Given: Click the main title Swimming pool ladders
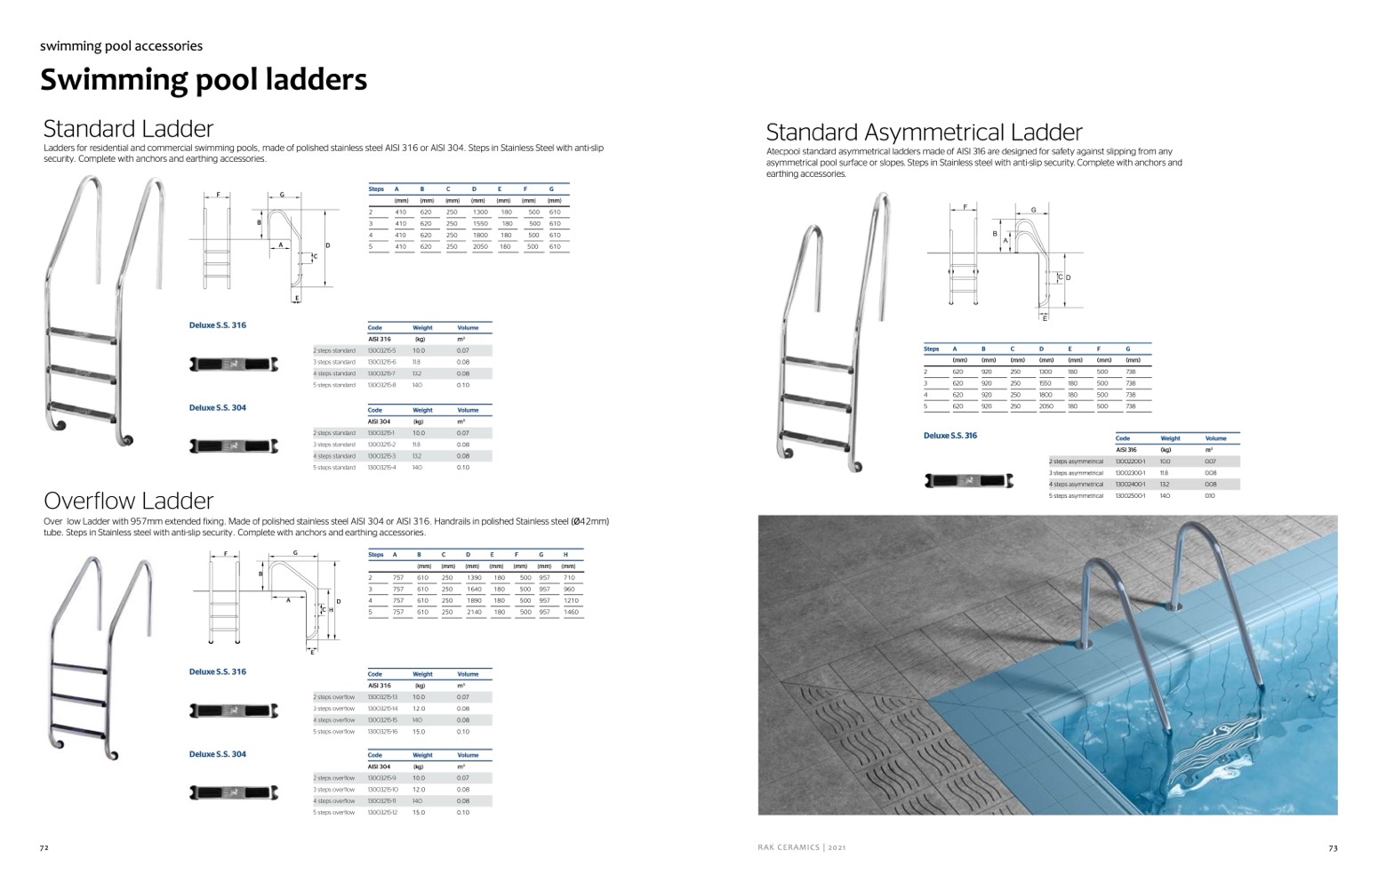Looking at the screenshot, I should point(204,80).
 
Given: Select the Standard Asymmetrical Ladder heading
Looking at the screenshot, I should point(924,132).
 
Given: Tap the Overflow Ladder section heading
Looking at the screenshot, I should point(128,501).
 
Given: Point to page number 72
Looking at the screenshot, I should point(44,847).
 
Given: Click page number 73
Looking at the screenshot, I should point(1333,847).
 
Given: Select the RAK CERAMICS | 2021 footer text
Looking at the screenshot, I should point(795,847).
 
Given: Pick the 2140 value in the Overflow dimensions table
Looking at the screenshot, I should point(474,612).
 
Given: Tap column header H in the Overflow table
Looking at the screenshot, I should point(565,554).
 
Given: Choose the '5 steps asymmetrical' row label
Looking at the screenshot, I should point(1076,495).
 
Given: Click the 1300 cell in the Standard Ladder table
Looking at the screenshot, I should point(480,213).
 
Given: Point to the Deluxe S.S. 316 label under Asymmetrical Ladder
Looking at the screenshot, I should point(950,436).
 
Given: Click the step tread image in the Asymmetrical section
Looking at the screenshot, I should point(969,482).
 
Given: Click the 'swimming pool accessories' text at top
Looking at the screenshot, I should point(121,46).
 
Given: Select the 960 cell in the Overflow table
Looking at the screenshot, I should point(569,589).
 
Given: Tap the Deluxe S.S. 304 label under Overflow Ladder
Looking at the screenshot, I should point(218,754).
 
